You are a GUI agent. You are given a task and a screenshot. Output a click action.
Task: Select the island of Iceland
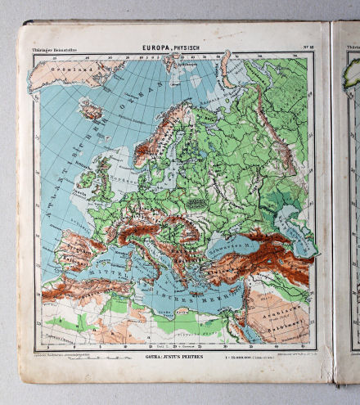pos(90,110)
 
